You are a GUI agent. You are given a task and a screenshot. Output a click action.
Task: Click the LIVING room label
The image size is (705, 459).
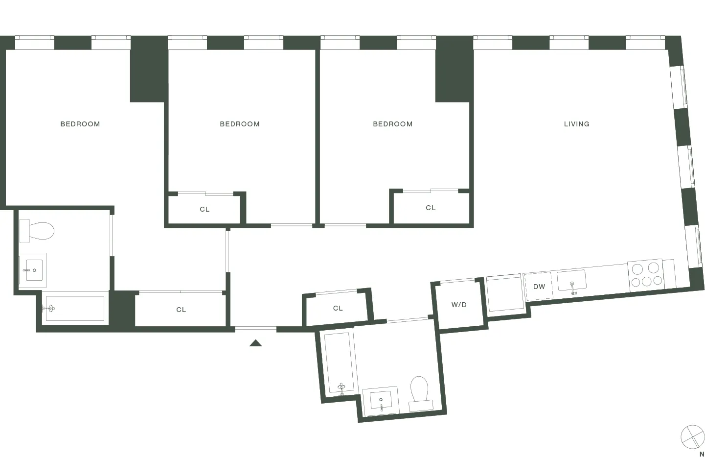click(x=576, y=124)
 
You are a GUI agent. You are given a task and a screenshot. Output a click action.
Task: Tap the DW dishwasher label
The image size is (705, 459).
click(x=539, y=287)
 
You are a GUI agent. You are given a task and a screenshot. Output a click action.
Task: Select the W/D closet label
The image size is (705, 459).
click(x=459, y=305)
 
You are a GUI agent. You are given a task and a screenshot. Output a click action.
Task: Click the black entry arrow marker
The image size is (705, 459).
click(x=255, y=343)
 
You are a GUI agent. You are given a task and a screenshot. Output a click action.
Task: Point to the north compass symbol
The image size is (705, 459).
click(x=692, y=436)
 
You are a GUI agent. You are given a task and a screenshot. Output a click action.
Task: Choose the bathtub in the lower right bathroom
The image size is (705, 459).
click(x=339, y=363)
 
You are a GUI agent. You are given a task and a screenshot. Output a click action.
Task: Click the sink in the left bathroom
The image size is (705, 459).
click(x=33, y=270)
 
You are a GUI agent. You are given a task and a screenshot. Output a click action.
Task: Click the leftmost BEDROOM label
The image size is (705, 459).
click(x=80, y=124)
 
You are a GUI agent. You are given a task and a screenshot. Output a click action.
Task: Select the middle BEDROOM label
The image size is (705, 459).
click(x=240, y=124)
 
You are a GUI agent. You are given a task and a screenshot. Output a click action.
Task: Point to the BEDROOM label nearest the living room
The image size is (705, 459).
click(x=392, y=124)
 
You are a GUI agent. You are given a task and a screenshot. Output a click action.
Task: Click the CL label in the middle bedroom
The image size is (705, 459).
click(x=205, y=209)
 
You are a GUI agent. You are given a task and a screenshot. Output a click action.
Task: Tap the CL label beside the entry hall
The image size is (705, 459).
click(x=338, y=308)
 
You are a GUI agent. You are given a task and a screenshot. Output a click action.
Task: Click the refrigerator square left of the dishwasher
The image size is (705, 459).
click(x=505, y=292)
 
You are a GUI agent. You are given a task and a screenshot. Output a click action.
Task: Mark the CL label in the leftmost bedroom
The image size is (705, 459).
click(x=181, y=310)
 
